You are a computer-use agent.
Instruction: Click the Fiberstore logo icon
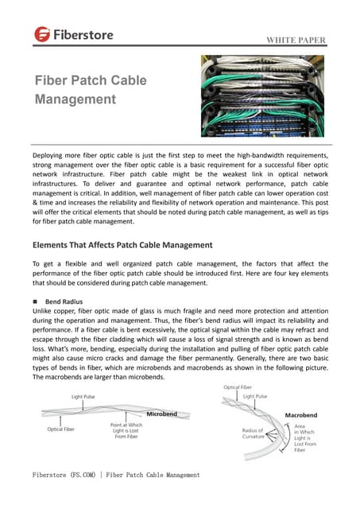41,34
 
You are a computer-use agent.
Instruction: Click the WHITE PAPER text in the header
295,41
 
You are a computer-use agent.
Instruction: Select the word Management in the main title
75,99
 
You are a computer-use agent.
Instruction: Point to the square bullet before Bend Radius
36,303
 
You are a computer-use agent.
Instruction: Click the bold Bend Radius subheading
64,303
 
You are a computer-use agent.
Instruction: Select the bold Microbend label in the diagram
161,414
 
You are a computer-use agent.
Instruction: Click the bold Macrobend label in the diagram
305,415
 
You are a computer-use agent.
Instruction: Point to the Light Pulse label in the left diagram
87,396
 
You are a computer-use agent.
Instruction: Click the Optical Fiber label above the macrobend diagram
238,387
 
